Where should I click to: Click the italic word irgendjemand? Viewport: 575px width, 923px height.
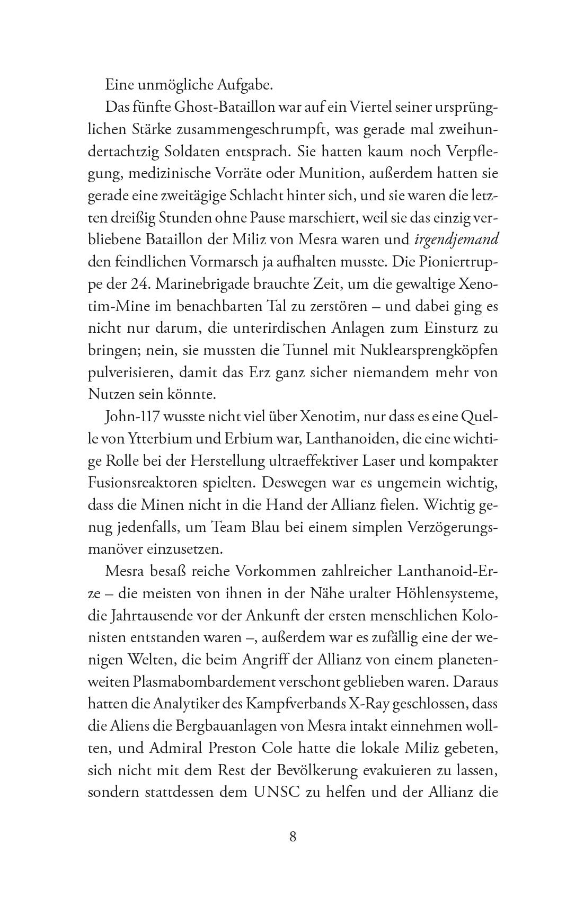tap(456, 239)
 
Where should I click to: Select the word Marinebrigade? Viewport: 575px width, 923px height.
tap(211, 284)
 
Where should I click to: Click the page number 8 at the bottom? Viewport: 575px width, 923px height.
tap(293, 838)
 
